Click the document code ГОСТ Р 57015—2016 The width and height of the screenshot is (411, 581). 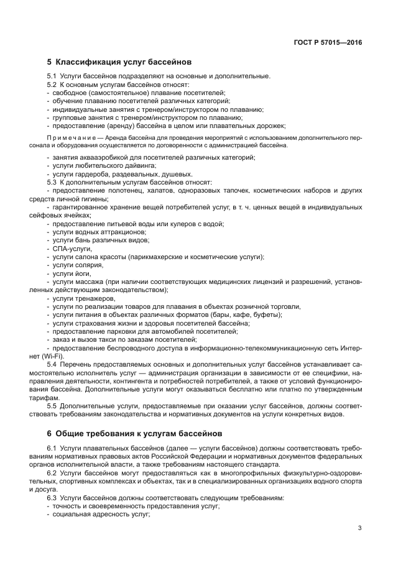click(x=328, y=43)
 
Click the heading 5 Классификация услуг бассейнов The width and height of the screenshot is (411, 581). click(x=119, y=62)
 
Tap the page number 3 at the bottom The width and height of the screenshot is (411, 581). click(x=360, y=528)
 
